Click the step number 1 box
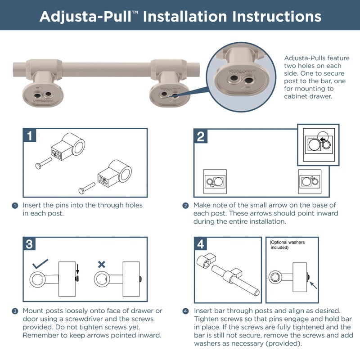tap(29, 136)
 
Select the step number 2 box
tap(201, 136)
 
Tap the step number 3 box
tap(29, 244)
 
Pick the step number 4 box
tap(201, 244)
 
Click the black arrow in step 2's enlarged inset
tap(323, 140)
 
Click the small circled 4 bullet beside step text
tap(185, 311)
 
